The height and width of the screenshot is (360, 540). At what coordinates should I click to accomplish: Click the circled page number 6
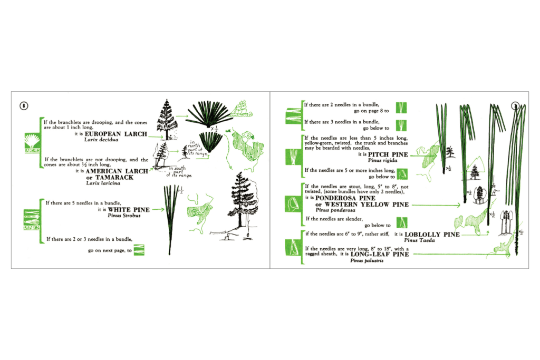[24, 105]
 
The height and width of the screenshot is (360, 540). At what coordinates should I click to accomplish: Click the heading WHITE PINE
[129, 210]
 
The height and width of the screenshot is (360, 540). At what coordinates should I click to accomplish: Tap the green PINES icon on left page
[31, 220]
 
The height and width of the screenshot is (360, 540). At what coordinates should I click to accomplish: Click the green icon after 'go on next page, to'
[141, 250]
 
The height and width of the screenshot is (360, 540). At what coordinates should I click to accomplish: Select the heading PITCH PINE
[388, 154]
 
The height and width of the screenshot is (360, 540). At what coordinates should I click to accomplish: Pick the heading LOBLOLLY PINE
[431, 235]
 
